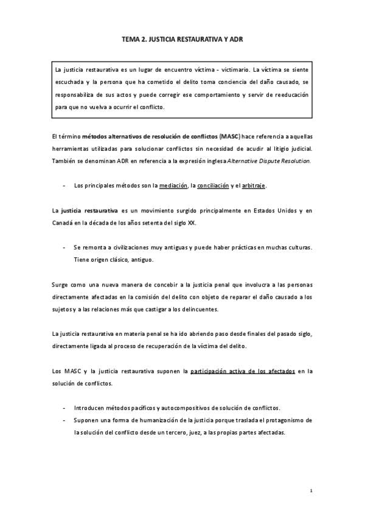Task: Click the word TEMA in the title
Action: (x=131, y=39)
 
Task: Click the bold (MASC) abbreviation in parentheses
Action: (x=230, y=137)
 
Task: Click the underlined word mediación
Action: (x=174, y=185)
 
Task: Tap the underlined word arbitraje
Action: (x=253, y=185)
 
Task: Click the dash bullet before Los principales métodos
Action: (x=64, y=185)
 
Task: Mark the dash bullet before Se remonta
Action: (x=64, y=248)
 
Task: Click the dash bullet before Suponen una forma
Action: (x=64, y=420)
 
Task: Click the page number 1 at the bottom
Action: (x=311, y=490)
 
